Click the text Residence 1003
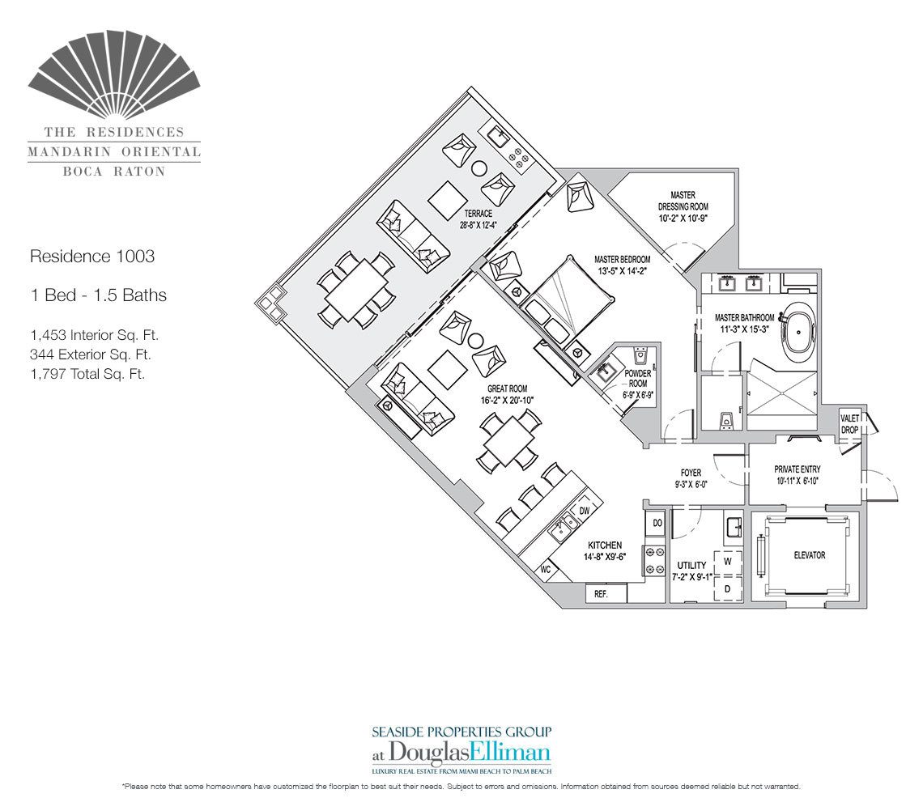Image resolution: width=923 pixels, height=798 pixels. [91, 257]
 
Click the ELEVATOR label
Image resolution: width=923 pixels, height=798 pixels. [809, 555]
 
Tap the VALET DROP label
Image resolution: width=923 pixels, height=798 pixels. [849, 424]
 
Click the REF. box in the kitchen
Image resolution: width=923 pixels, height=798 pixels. [601, 593]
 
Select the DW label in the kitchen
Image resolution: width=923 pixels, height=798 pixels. [584, 511]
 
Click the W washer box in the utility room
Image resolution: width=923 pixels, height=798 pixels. [727, 561]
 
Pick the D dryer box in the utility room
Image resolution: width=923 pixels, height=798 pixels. [727, 588]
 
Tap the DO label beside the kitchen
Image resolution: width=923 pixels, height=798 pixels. [657, 524]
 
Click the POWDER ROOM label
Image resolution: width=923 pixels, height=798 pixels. [637, 379]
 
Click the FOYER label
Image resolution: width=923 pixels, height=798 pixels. [691, 473]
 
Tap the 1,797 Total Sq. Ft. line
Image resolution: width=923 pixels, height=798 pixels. [87, 374]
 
